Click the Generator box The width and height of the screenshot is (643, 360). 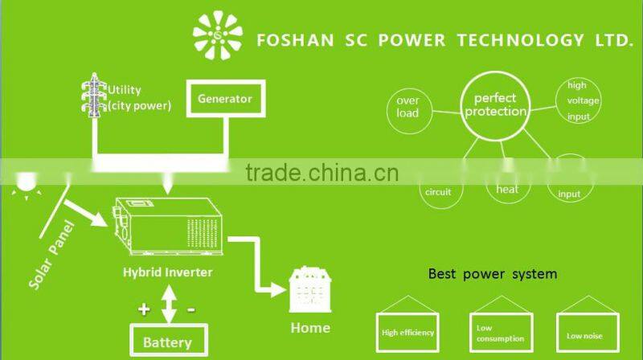tap(225, 100)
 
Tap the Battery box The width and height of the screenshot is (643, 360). tap(168, 341)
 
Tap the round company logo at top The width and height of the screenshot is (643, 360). tap(217, 35)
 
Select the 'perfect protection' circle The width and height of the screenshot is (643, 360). tap(495, 105)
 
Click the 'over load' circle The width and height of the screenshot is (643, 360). tap(408, 107)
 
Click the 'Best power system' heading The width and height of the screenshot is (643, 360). tap(492, 274)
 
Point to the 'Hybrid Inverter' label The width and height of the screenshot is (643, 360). tap(167, 272)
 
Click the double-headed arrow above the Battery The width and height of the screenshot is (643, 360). tap(167, 306)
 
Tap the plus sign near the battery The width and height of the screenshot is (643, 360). tap(143, 309)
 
